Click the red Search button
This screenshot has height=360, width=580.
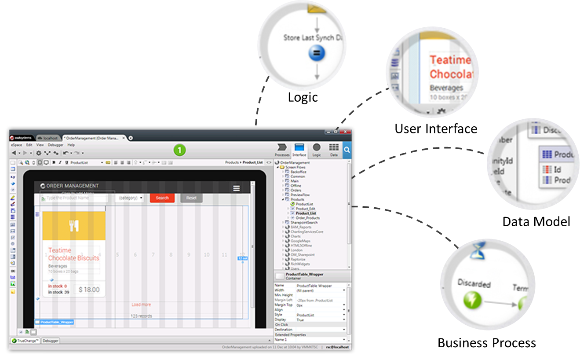[162, 198]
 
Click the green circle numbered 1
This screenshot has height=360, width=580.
[179, 150]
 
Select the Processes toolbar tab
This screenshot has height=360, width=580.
[282, 149]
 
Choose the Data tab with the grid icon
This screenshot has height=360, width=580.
[334, 149]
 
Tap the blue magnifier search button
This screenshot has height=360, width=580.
[347, 150]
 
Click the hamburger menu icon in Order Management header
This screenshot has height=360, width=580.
[237, 188]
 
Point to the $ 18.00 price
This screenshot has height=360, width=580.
[89, 290]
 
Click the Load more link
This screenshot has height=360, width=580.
[141, 305]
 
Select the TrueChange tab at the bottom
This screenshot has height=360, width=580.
[26, 341]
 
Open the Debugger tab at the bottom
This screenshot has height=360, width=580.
[51, 341]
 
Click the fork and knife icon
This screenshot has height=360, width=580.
[74, 226]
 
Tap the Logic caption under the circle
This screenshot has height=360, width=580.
[303, 97]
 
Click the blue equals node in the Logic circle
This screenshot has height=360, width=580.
[316, 54]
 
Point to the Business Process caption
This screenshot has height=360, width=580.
[487, 343]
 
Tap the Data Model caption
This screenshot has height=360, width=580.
[536, 221]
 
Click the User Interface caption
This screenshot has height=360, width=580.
[435, 129]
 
